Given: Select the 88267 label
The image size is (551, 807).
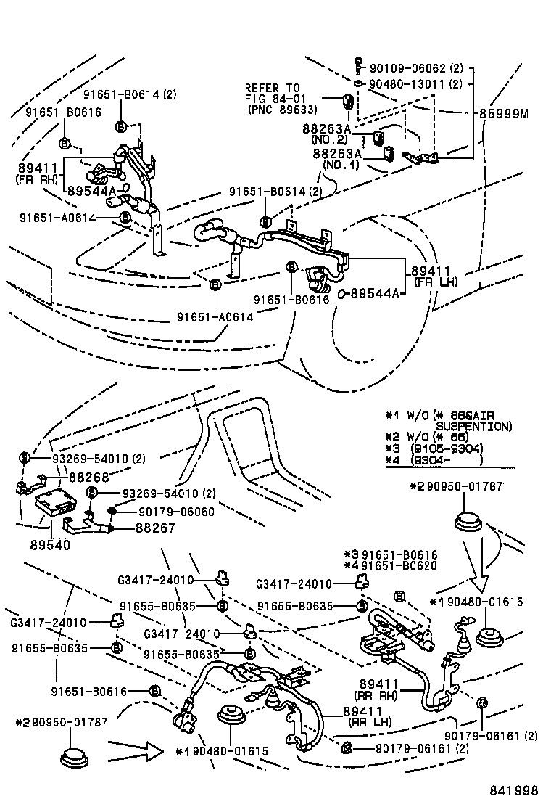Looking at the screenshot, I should pos(155,528).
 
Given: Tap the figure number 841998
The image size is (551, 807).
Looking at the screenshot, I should pos(513,790).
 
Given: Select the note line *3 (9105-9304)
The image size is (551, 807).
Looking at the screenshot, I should pos(435,448).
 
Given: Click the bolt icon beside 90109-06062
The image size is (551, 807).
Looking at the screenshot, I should pos(358,67).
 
